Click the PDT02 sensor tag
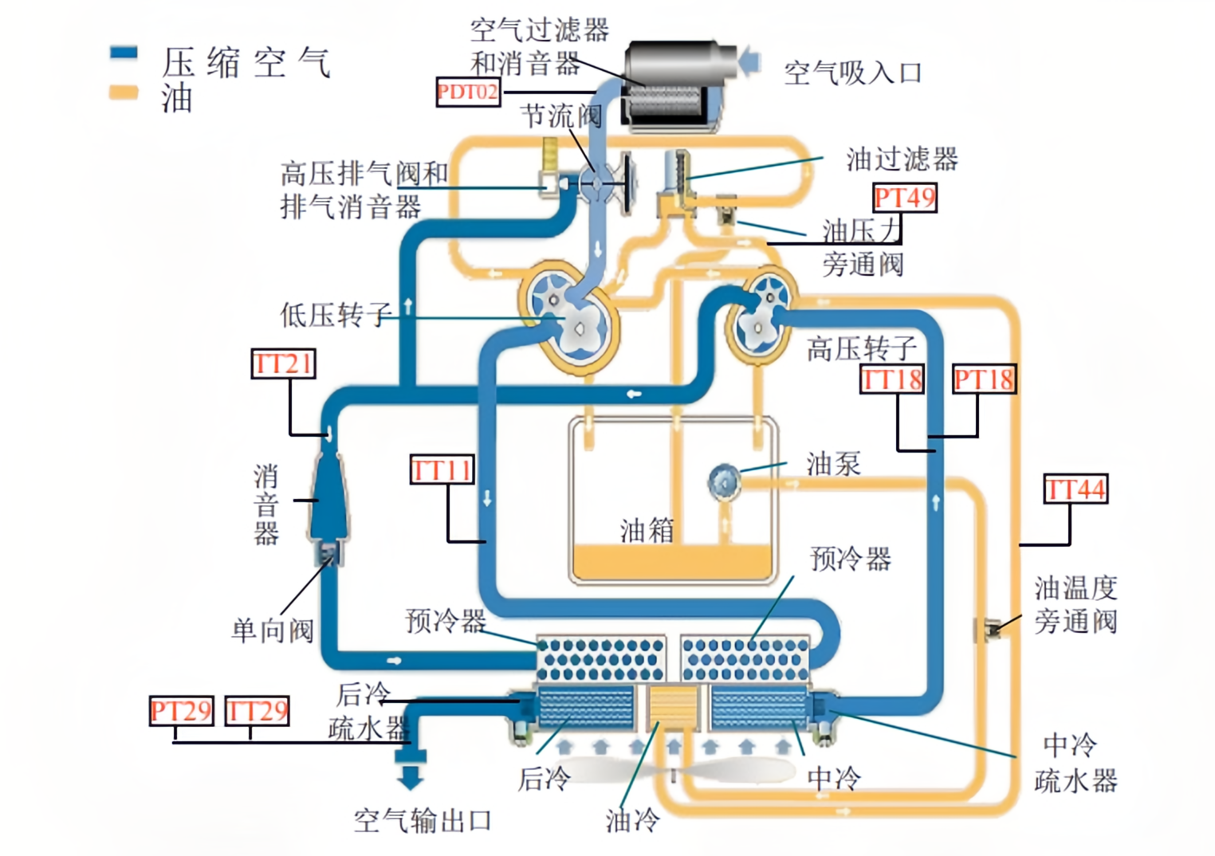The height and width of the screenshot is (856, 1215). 468,92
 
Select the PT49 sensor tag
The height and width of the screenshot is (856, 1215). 904,198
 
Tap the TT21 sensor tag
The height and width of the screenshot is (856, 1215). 283,363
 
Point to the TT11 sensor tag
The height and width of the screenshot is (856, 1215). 442,469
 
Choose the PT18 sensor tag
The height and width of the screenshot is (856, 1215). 984,379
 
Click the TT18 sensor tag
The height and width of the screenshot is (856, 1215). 892,379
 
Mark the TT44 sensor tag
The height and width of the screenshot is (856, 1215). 1075,489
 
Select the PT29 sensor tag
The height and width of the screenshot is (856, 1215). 181,710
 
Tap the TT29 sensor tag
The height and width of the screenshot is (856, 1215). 257,710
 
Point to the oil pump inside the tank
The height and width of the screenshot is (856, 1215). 724,481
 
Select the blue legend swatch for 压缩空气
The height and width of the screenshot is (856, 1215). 124,53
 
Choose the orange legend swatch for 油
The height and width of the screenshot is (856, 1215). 124,92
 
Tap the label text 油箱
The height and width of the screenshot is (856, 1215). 647,530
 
